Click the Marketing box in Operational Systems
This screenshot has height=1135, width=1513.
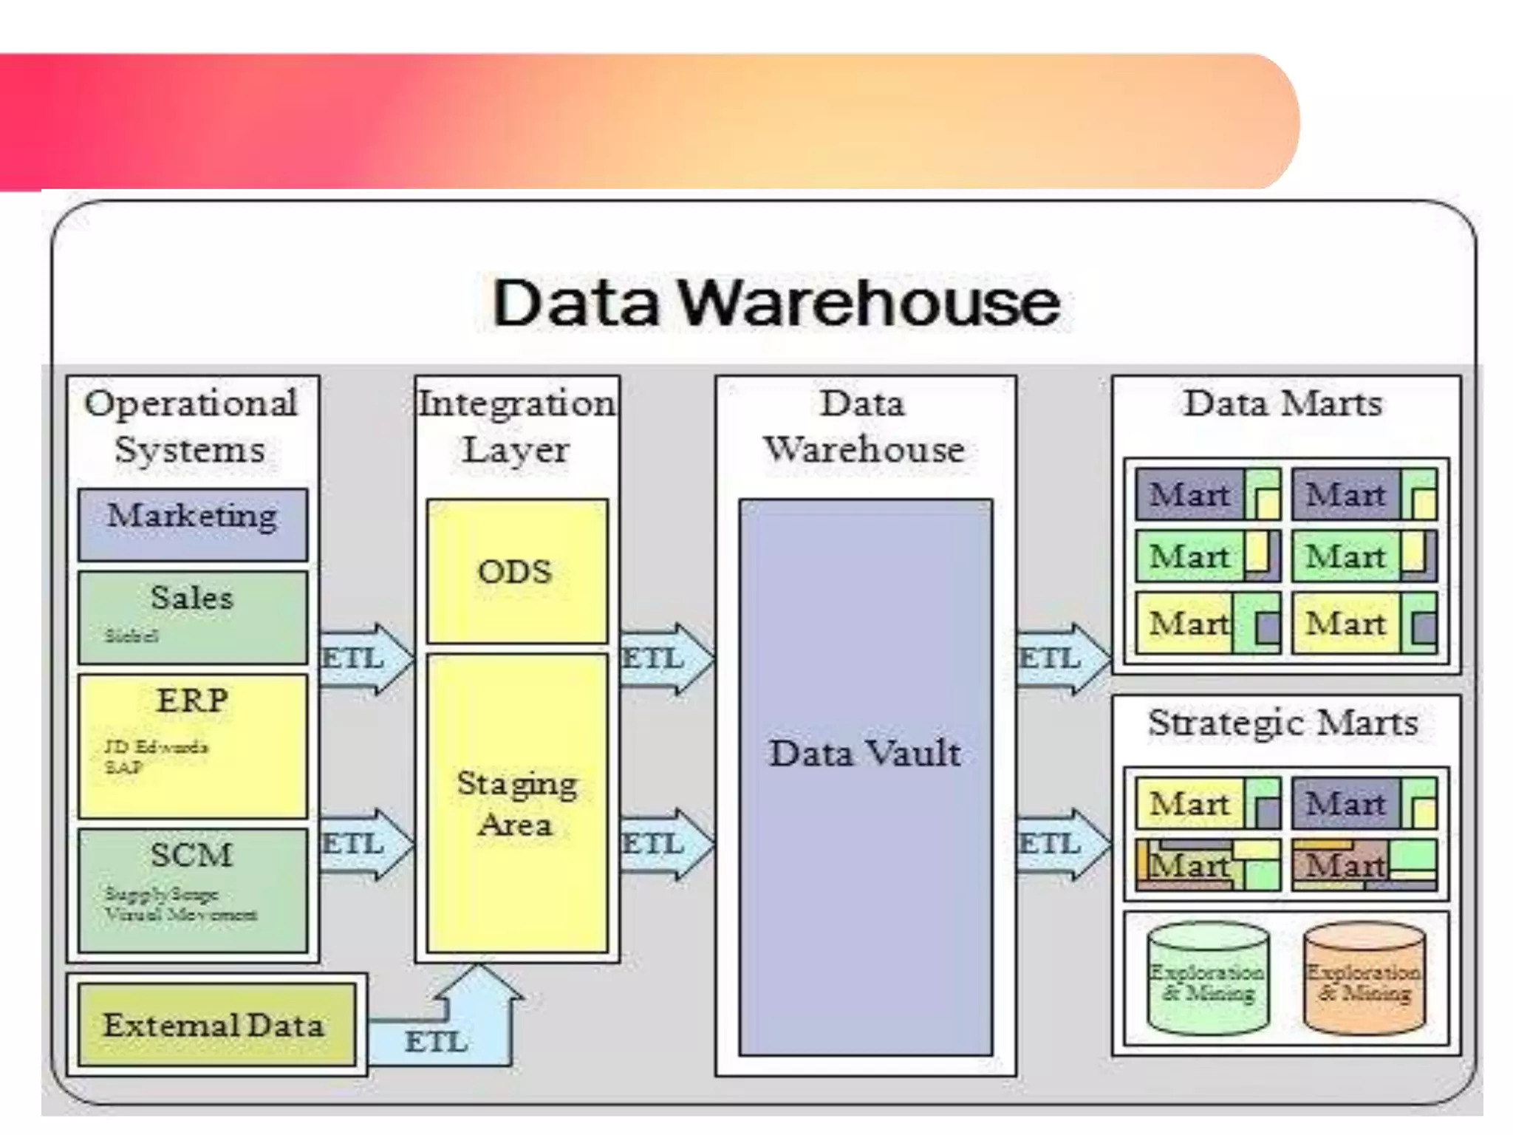point(193,523)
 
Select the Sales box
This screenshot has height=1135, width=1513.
point(193,616)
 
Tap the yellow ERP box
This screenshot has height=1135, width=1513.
point(193,745)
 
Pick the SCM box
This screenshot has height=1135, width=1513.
point(193,890)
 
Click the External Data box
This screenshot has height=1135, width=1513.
point(215,1025)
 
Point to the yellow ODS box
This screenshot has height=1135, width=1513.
point(516,571)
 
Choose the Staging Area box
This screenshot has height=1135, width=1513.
point(516,803)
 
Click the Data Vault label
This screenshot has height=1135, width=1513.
point(865,754)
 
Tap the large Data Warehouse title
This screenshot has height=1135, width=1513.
point(776,303)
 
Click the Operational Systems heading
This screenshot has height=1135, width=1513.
point(191,426)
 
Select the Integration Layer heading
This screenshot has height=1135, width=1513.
point(516,426)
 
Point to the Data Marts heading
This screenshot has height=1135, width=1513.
point(1283,403)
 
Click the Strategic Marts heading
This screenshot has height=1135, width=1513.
point(1283,722)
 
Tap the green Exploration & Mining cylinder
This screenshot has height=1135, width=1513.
point(1207,980)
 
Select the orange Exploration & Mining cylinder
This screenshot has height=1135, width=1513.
point(1364,980)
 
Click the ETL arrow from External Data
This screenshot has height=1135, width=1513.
point(443,1038)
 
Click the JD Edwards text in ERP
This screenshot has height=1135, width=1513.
point(156,746)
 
